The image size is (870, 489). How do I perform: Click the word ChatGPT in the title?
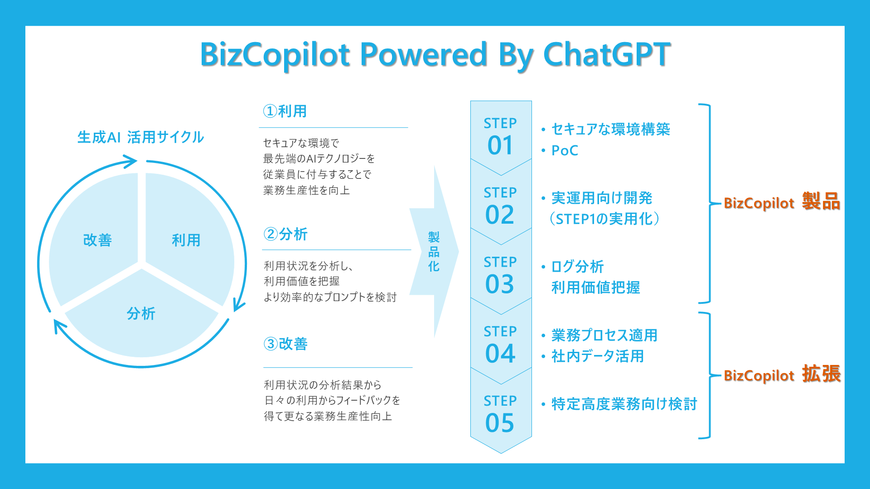607,54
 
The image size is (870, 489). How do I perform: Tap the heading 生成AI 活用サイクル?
140,137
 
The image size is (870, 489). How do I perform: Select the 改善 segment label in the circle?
97,240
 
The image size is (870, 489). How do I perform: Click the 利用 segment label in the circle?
186,240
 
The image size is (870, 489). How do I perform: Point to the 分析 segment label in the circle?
141,313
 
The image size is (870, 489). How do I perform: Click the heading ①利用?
285,111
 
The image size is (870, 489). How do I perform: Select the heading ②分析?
285,234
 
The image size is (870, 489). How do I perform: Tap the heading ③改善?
285,344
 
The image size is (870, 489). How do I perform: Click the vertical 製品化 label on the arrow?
434,252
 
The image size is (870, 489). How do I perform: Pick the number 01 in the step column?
500,145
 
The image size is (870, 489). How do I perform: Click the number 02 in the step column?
500,215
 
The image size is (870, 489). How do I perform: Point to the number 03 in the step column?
500,284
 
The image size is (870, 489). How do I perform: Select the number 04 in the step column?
500,354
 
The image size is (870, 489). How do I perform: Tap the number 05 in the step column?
500,423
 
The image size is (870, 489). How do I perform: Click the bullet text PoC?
565,150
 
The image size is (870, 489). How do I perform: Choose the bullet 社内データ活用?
598,356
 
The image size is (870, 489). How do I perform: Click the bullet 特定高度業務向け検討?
624,404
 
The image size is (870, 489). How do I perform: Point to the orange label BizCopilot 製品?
782,201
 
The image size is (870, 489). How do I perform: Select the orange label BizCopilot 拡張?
782,374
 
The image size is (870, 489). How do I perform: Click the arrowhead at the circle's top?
130,161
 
